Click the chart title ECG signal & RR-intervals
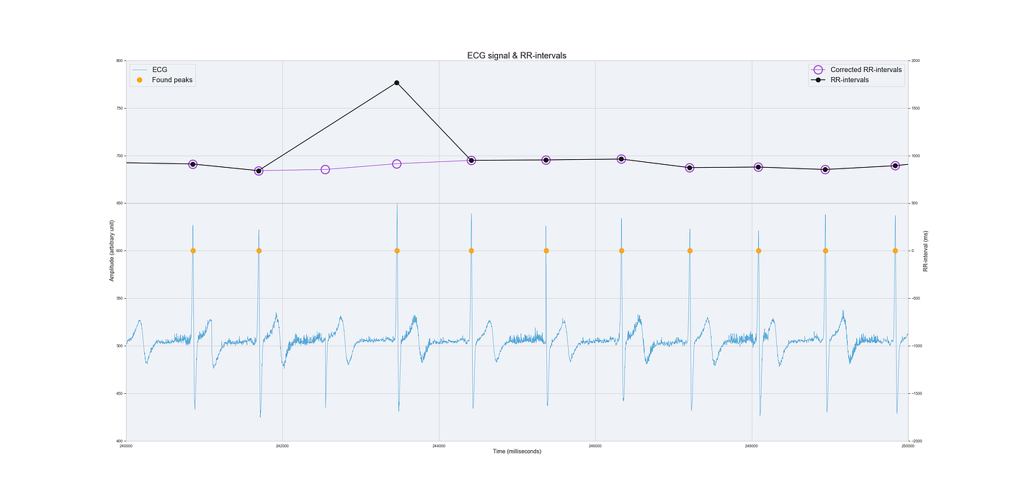(x=517, y=55)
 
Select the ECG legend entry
(x=159, y=69)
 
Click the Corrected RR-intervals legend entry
(x=866, y=70)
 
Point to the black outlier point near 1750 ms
(x=397, y=83)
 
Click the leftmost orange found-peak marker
(x=193, y=251)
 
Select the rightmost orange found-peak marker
(x=895, y=251)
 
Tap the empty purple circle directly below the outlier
(x=397, y=164)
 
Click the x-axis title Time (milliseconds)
(x=517, y=451)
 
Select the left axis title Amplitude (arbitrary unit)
(x=112, y=251)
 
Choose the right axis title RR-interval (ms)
(x=925, y=251)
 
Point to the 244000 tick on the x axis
(x=438, y=446)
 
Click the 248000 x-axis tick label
(x=751, y=446)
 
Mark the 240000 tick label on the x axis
(x=126, y=446)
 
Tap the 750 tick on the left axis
(x=119, y=109)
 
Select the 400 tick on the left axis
(x=119, y=441)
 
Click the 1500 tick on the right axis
(x=916, y=109)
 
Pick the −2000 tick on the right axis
(x=917, y=441)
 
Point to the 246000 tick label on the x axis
(x=595, y=446)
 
